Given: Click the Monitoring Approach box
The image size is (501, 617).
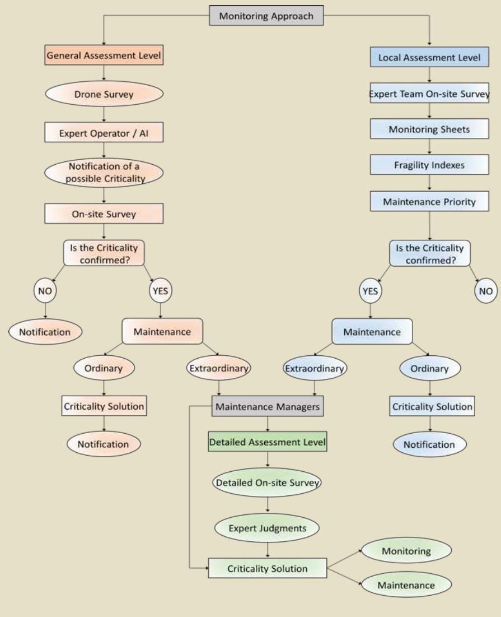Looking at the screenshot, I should click(x=266, y=16).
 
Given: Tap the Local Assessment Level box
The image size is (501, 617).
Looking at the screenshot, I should click(x=429, y=58).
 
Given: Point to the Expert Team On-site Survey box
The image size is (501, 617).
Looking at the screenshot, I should click(x=429, y=94).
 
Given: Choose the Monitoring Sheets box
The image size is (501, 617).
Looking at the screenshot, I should click(x=429, y=129).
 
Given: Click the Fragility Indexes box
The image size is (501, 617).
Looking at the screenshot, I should click(x=429, y=165).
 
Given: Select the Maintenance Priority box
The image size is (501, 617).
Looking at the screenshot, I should click(x=429, y=201).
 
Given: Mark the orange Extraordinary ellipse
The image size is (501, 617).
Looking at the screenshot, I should click(x=218, y=369).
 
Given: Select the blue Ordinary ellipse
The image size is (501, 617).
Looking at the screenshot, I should click(x=429, y=369).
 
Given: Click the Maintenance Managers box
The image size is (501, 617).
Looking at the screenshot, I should click(x=268, y=407).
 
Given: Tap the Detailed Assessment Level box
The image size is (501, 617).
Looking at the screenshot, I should click(x=268, y=442).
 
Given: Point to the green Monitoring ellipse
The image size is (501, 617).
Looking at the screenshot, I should click(x=406, y=551).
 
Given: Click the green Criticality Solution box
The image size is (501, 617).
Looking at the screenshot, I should click(x=268, y=568).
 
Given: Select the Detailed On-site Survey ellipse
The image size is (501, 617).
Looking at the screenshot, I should click(x=268, y=482).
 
